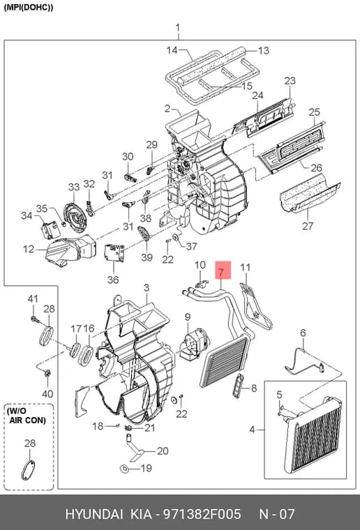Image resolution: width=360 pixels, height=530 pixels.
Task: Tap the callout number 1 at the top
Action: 178,28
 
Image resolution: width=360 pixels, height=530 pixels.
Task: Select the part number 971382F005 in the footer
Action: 202,514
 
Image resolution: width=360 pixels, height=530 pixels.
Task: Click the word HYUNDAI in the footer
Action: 94,514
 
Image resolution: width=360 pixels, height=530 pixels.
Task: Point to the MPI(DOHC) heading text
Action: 29,7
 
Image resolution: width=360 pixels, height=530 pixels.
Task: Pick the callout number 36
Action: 113,280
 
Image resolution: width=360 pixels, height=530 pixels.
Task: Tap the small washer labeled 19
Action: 123,469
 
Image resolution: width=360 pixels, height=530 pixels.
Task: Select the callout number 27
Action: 308,225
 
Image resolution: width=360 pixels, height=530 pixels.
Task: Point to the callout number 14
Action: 172,50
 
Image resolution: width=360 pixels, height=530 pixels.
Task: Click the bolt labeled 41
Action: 34,319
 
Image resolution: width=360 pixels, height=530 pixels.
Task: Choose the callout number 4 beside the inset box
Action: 252,430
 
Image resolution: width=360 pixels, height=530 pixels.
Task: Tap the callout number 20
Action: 163,451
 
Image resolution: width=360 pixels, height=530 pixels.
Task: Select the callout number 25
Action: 314,112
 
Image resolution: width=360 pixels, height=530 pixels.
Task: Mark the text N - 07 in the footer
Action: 276,514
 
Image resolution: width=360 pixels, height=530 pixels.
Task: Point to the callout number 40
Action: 47,394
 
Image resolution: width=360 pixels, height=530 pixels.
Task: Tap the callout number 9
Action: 188,317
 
